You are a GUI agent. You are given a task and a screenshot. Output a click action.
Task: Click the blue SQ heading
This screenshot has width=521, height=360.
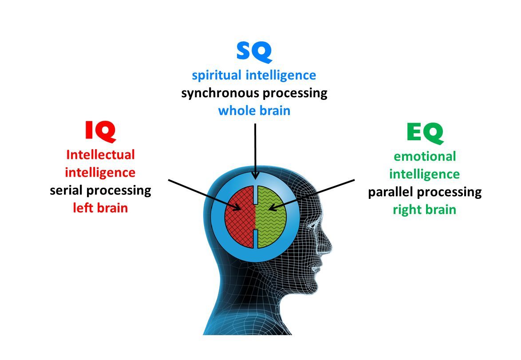[254, 51]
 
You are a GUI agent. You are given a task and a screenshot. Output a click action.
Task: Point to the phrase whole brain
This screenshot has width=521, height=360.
[254, 111]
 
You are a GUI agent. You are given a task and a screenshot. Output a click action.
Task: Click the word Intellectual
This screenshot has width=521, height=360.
[100, 155]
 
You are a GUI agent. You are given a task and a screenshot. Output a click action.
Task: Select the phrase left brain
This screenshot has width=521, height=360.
[100, 208]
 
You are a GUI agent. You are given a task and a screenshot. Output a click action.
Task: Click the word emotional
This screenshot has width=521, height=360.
[425, 156]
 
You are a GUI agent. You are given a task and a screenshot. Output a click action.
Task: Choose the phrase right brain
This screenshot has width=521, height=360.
[425, 210]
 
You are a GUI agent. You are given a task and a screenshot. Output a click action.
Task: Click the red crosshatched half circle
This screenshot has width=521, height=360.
[239, 217]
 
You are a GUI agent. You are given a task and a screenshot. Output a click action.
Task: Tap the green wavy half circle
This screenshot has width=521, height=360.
[272, 217]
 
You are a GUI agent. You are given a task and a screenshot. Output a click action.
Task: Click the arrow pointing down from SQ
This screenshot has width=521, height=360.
[255, 151]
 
